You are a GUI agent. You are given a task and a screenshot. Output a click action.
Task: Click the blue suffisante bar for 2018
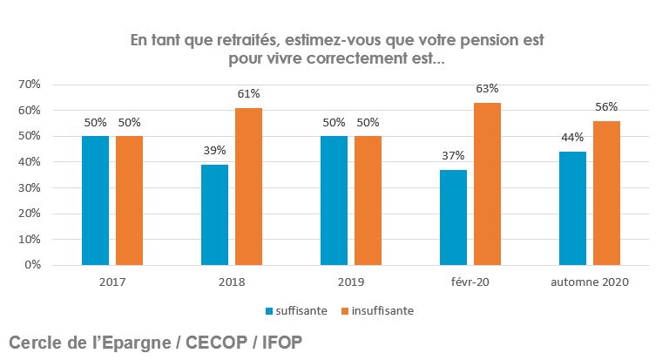(214, 214)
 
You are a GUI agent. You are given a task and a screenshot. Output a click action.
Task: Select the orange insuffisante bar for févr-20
(487, 184)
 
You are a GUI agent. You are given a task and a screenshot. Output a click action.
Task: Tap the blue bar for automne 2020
(572, 208)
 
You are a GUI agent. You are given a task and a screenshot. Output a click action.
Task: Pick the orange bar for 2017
(129, 200)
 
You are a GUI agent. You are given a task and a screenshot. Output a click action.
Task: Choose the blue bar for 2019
(334, 200)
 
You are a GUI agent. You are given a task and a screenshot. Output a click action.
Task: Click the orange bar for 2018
(248, 187)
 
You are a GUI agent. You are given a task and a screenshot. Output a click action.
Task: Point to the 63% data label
(488, 88)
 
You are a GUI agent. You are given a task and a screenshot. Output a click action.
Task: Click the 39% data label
(214, 151)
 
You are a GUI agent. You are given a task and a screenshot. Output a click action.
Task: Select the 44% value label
(572, 138)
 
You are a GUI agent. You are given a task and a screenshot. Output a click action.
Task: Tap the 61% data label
(248, 93)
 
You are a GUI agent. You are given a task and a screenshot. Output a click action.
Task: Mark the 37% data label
(453, 156)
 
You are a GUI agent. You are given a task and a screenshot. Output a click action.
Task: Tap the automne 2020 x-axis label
(590, 282)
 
